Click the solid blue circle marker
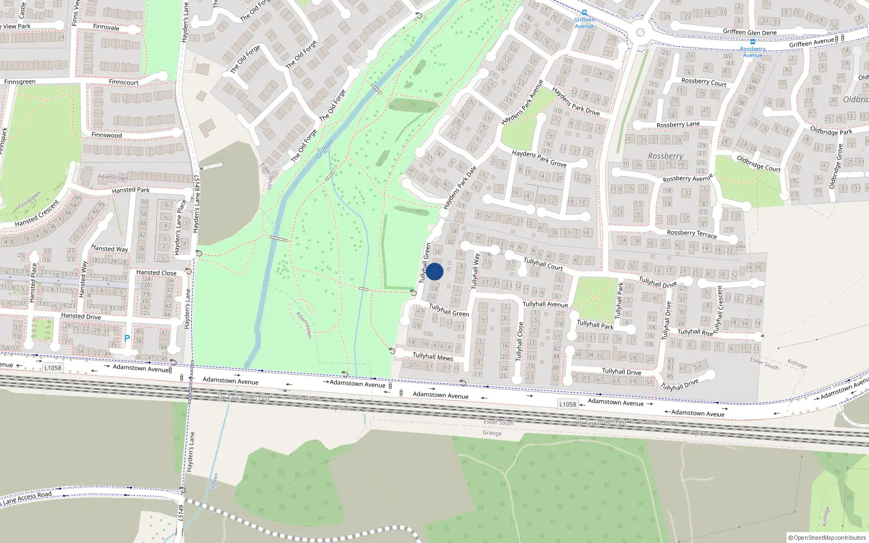pyautogui.click(x=434, y=271)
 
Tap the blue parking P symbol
pyautogui.click(x=127, y=338)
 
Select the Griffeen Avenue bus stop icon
pyautogui.click(x=584, y=12)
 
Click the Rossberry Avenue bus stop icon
pyautogui.click(x=752, y=42)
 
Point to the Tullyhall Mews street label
pyautogui.click(x=433, y=357)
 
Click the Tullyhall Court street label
pyautogui.click(x=543, y=264)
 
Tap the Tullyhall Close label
pyautogui.click(x=519, y=341)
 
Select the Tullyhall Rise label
pyautogui.click(x=695, y=332)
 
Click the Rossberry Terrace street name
pyautogui.click(x=691, y=234)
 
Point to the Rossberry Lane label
pyautogui.click(x=678, y=124)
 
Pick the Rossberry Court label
pyautogui.click(x=704, y=82)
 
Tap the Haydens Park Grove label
pyautogui.click(x=539, y=159)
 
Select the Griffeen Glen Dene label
pyautogui.click(x=750, y=32)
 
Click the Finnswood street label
pyautogui.click(x=106, y=135)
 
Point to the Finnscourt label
pyautogui.click(x=123, y=82)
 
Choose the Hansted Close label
pyautogui.click(x=156, y=273)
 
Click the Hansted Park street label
pyautogui.click(x=130, y=190)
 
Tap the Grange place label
pyautogui.click(x=492, y=433)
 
